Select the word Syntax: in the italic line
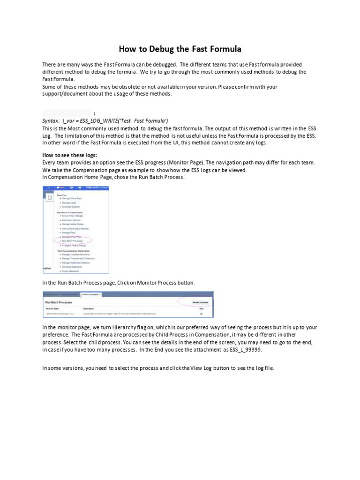(51, 120)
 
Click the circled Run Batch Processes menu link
(72, 241)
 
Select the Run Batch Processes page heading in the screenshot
(59, 302)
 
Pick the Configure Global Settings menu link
(74, 245)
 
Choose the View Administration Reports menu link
(75, 228)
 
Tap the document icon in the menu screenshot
(49, 198)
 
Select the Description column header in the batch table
(89, 309)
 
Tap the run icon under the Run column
(201, 314)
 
